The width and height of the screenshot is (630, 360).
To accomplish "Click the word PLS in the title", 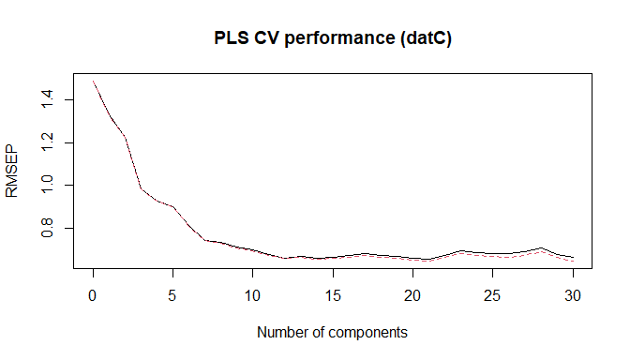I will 232,39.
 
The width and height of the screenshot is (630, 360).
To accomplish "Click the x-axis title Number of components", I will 332,332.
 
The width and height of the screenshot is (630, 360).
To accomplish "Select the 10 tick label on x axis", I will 253,293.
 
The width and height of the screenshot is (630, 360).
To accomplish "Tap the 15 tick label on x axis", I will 333,293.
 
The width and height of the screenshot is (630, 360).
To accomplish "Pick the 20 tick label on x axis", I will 413,293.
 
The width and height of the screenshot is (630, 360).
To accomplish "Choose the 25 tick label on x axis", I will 493,293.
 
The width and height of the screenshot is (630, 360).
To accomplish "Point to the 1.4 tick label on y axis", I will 47,99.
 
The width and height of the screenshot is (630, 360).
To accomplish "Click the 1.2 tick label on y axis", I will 47,142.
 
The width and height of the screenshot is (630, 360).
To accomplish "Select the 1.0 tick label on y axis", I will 47,186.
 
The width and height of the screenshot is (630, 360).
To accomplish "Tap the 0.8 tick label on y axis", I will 47,229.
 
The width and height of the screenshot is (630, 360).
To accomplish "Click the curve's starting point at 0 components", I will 94,82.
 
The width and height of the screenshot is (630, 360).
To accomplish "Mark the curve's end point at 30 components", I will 573,257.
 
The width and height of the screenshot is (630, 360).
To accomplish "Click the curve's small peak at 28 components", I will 541,248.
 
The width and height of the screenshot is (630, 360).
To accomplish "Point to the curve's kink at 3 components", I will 142,189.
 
